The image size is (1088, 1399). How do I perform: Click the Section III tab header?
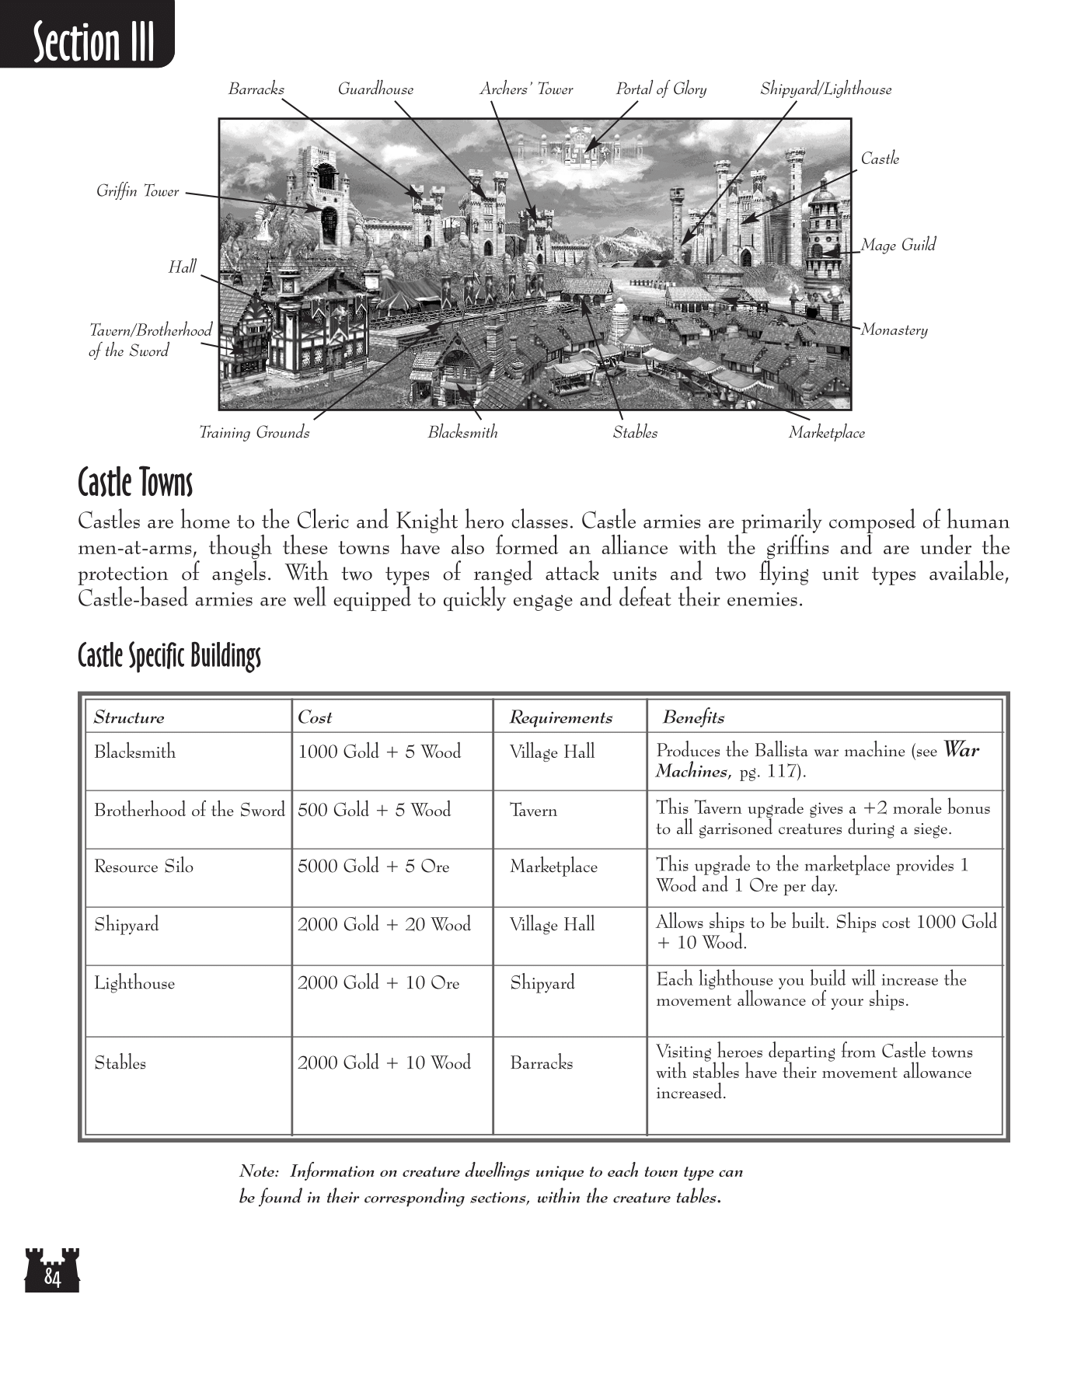tap(93, 42)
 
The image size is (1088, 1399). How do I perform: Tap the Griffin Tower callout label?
tap(138, 191)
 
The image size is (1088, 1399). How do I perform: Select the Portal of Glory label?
tap(661, 89)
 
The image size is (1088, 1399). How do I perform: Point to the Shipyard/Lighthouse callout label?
tap(825, 89)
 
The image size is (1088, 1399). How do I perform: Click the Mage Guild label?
tap(898, 245)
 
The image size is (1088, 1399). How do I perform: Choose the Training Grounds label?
tap(254, 433)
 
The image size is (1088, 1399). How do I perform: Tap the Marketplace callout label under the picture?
tap(826, 433)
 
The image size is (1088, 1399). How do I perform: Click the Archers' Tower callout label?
tap(526, 89)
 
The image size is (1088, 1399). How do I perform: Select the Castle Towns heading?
tap(135, 483)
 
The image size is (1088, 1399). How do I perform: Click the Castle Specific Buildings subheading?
tap(169, 656)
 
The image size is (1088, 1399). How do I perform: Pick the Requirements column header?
tap(560, 717)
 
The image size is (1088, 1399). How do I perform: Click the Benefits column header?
tap(693, 717)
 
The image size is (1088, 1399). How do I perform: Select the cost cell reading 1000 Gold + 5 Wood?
tap(379, 752)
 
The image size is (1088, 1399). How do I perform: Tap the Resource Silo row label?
tap(144, 867)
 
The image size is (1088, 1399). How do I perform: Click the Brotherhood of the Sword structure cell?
tap(190, 810)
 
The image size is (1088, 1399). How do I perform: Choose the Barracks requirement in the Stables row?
tap(541, 1062)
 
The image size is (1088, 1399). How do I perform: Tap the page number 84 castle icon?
tap(52, 1271)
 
